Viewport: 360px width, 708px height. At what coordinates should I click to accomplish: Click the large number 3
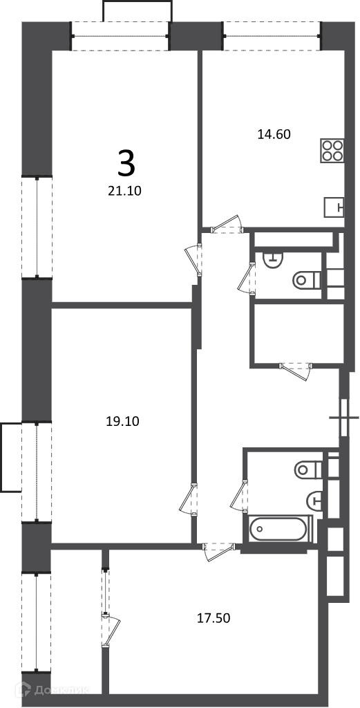coord(126,164)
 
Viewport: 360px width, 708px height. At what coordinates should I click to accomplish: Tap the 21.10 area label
coord(125,192)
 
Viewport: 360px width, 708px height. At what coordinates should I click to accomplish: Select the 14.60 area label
coord(274,134)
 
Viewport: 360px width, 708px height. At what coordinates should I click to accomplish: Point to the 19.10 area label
coord(123,422)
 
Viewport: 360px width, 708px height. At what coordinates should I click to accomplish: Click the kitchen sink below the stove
coord(334,208)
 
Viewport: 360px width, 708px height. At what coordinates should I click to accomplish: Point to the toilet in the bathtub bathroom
coord(309,470)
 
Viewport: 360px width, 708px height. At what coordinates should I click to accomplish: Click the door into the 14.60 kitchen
coord(228,224)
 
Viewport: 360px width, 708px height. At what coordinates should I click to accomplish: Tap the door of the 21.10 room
coord(194,259)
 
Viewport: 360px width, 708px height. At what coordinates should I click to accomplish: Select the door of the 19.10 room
coord(189,499)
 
